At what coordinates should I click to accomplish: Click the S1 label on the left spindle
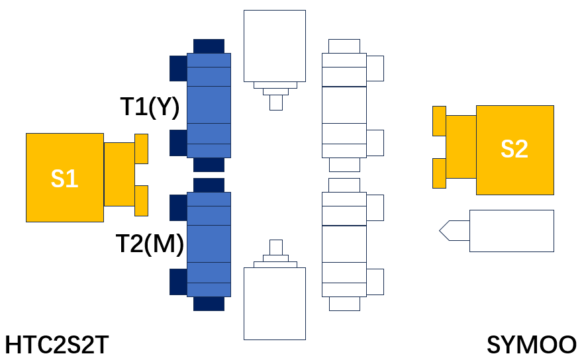pyautogui.click(x=65, y=179)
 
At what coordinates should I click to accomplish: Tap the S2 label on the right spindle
pyautogui.click(x=514, y=149)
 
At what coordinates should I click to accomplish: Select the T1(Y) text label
pyautogui.click(x=150, y=107)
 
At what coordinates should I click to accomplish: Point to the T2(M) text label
pyautogui.click(x=150, y=244)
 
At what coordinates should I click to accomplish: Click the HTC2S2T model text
pyautogui.click(x=57, y=345)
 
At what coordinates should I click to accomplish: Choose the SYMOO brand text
pyautogui.click(x=531, y=345)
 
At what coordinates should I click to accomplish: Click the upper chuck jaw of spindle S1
pyautogui.click(x=142, y=149)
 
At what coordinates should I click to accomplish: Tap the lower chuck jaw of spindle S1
pyautogui.click(x=142, y=201)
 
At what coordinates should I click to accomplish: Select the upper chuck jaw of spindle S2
pyautogui.click(x=439, y=121)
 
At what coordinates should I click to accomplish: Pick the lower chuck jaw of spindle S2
pyautogui.click(x=439, y=173)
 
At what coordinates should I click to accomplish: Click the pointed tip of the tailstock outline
pyautogui.click(x=440, y=231)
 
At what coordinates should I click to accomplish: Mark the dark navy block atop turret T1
pyautogui.click(x=209, y=46)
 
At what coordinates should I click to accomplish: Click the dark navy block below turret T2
pyautogui.click(x=209, y=304)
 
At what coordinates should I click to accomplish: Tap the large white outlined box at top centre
pyautogui.click(x=275, y=46)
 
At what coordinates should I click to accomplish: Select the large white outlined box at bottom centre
pyautogui.click(x=275, y=304)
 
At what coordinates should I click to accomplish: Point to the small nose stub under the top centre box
pyautogui.click(x=276, y=103)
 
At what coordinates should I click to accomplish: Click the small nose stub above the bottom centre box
pyautogui.click(x=276, y=247)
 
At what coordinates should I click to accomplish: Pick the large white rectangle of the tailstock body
pyautogui.click(x=512, y=231)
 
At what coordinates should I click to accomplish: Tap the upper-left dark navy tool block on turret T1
pyautogui.click(x=179, y=68)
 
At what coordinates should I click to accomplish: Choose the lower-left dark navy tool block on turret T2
pyautogui.click(x=179, y=282)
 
